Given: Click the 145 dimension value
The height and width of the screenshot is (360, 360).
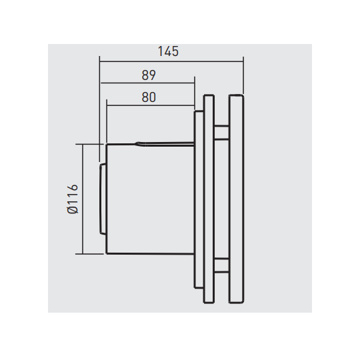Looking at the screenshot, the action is (168, 51).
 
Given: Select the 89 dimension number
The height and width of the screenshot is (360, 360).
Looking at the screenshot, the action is (149, 75).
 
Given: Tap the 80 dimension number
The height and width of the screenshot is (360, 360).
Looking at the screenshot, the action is (149, 97).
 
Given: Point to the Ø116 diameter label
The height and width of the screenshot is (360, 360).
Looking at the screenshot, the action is (73, 199).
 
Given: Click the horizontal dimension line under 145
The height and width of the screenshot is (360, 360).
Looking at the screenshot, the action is (171, 61).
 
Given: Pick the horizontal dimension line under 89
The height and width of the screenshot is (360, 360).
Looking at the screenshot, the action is (147, 83).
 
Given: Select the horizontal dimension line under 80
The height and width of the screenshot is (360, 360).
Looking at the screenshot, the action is (151, 105).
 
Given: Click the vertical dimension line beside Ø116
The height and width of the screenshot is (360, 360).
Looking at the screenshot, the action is (83, 199).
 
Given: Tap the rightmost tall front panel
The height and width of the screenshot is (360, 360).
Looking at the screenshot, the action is (236, 199).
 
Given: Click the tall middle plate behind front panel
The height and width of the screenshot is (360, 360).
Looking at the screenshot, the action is (209, 199).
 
